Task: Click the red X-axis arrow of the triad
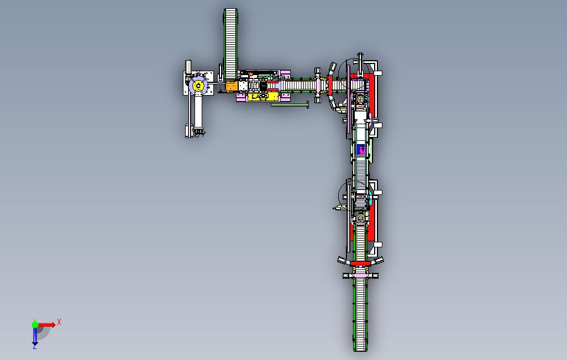click(46, 325)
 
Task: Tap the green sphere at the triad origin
click(35, 325)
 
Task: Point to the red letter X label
click(59, 322)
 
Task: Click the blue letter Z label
click(35, 346)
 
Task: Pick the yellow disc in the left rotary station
click(198, 86)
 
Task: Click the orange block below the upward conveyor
click(232, 86)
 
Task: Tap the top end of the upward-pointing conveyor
click(230, 9)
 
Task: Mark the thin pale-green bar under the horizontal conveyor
click(290, 105)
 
